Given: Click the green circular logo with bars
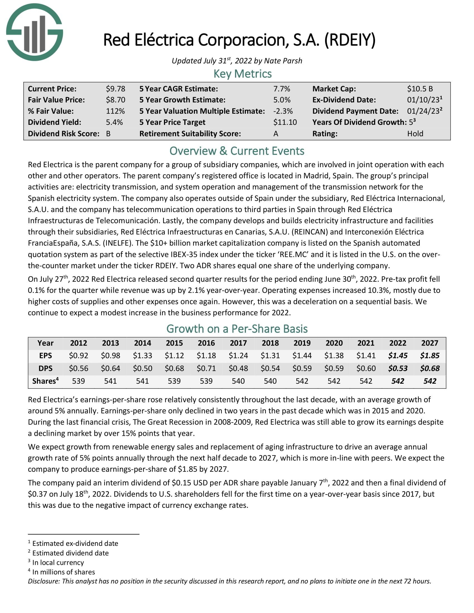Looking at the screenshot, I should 35,32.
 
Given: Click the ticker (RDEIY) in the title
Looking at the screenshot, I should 350,40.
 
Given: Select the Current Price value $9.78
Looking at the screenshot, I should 115,89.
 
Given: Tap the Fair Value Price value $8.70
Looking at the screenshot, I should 115,100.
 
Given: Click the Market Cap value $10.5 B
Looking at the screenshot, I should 420,89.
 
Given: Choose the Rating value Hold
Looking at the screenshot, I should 415,133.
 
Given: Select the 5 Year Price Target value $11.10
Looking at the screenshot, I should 285,122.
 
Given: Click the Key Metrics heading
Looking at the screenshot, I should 242,74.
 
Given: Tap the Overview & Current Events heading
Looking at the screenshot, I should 237,151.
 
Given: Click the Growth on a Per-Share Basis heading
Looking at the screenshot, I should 237,329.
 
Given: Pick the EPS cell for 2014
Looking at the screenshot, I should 142,356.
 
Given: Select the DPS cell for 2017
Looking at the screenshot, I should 238,368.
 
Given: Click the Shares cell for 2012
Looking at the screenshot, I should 78,381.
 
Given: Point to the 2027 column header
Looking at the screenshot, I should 430,343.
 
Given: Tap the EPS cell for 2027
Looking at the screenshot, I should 430,356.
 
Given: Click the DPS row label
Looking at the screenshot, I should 45,368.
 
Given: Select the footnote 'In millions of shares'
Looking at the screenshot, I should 64,572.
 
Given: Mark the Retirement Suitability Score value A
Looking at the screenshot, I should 276,133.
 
